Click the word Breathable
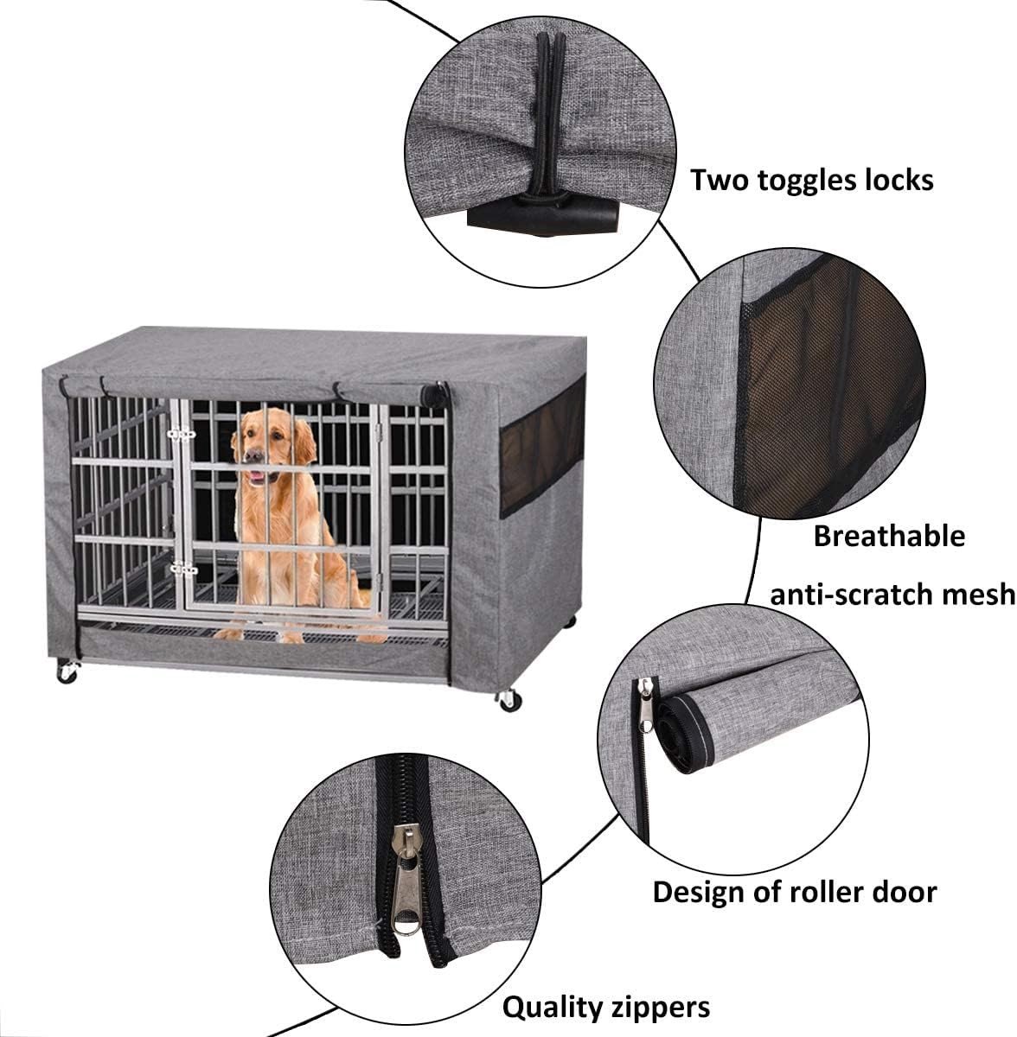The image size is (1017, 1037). tap(889, 536)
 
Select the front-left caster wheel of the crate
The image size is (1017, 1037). tap(67, 672)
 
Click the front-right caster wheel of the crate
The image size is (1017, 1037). tap(509, 700)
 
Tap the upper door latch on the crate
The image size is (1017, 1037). tap(182, 433)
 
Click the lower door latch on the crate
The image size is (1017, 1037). tap(183, 568)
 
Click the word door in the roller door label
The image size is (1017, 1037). tap(909, 892)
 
